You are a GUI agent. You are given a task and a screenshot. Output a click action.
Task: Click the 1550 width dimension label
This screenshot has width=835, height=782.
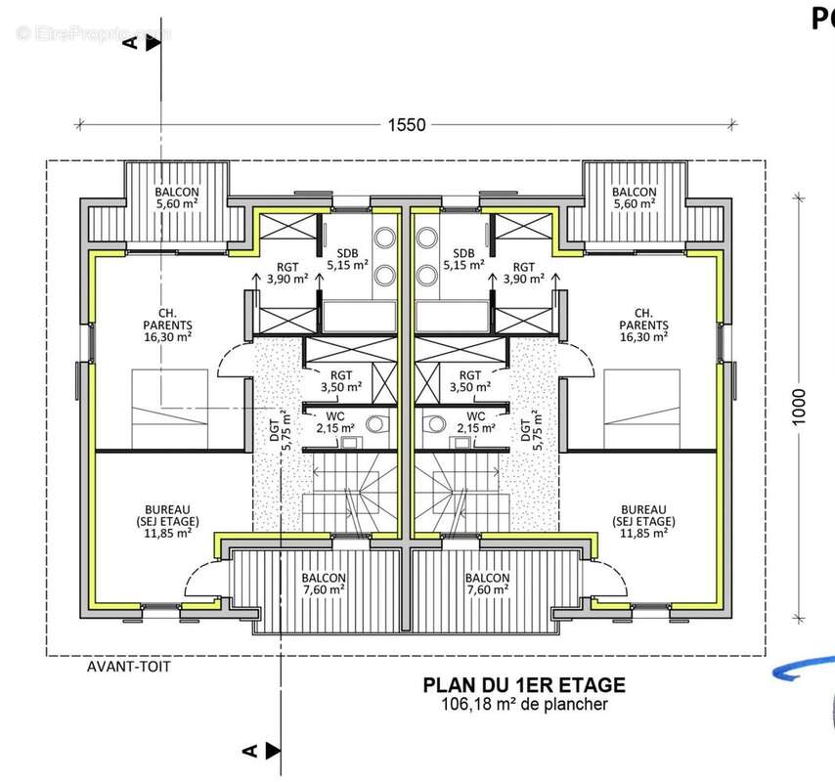point(407,124)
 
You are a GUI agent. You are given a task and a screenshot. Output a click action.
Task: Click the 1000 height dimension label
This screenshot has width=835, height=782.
point(799,408)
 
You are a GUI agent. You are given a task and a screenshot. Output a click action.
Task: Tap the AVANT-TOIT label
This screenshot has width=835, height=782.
point(128,667)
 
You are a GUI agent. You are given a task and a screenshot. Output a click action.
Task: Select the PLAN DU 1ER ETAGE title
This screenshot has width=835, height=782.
point(524,684)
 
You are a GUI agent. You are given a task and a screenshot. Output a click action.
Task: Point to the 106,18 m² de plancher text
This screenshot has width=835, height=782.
point(524,704)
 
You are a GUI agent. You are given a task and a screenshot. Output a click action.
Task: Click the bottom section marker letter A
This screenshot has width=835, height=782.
point(249,751)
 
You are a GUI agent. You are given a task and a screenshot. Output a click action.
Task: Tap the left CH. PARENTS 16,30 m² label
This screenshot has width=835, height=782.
point(168,325)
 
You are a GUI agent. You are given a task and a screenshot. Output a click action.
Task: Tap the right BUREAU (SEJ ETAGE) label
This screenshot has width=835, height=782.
point(643,521)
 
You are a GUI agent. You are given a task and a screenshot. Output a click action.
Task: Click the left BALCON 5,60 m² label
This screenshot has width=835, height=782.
point(177,197)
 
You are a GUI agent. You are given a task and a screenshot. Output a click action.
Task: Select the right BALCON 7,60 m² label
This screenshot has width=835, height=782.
point(487,584)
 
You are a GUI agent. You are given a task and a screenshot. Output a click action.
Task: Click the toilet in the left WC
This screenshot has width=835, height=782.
point(377,423)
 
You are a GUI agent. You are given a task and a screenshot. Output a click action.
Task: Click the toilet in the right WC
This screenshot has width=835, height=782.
point(434,423)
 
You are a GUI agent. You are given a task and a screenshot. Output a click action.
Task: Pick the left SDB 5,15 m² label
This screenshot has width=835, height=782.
point(348,259)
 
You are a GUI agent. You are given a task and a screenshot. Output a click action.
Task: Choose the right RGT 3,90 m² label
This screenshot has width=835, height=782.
point(523,273)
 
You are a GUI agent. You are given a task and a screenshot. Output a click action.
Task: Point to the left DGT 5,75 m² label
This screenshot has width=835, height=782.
point(280,430)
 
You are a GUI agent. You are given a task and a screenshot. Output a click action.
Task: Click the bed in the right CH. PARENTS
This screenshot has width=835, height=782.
point(641,409)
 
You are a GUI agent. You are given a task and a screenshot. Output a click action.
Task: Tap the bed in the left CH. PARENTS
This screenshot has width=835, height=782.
point(170,409)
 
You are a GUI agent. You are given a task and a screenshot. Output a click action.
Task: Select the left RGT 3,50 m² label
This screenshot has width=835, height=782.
point(341,381)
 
